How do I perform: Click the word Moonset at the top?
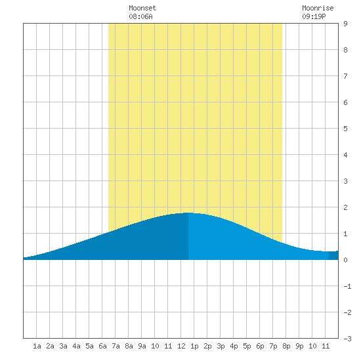click(142, 8)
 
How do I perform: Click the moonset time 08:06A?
click(140, 16)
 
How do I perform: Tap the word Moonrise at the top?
click(318, 8)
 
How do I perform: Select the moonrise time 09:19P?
click(314, 16)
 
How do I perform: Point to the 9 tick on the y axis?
click(345, 24)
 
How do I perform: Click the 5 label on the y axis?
click(345, 129)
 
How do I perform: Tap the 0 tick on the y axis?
click(345, 260)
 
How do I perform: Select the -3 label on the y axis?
click(347, 339)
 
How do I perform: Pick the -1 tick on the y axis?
click(347, 286)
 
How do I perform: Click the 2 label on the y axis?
click(345, 207)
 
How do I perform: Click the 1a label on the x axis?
click(37, 346)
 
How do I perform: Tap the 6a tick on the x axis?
click(102, 346)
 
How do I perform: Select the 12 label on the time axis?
click(181, 346)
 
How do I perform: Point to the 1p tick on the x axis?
click(194, 346)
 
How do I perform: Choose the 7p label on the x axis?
click(273, 346)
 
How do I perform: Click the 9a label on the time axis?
click(142, 346)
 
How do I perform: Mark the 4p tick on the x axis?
click(234, 346)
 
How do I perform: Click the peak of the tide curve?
click(188, 213)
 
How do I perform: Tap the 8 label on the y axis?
click(345, 50)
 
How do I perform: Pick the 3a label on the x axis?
click(63, 346)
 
